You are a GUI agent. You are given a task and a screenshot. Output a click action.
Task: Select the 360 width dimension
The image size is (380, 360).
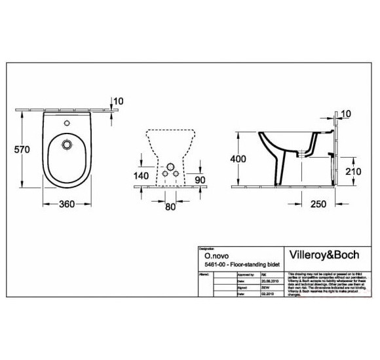[x=66, y=204]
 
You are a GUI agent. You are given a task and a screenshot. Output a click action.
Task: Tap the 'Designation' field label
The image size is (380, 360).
[x=208, y=249]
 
